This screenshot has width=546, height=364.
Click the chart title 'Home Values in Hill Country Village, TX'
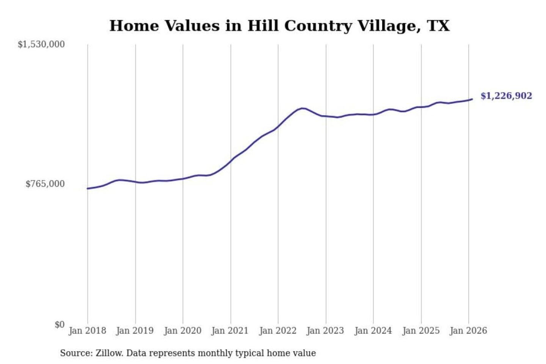(279, 26)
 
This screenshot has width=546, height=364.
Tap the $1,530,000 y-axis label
(41, 44)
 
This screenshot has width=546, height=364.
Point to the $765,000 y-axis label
(45, 184)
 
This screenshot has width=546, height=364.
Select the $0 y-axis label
(60, 325)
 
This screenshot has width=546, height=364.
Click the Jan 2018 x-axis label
(87, 331)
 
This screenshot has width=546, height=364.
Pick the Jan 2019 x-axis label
(135, 331)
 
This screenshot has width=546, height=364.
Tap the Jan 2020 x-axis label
(182, 331)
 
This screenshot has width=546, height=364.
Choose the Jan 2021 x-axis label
(230, 331)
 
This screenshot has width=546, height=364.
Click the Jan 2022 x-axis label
(278, 331)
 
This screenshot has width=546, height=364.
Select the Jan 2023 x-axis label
(325, 331)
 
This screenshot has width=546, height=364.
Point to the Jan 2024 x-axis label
(373, 331)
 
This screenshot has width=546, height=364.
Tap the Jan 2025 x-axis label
(420, 331)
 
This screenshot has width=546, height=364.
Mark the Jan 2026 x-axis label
(468, 331)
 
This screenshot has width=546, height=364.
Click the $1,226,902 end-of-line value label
(506, 96)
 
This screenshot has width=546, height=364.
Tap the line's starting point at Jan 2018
(88, 188)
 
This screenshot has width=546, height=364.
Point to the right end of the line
(472, 99)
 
